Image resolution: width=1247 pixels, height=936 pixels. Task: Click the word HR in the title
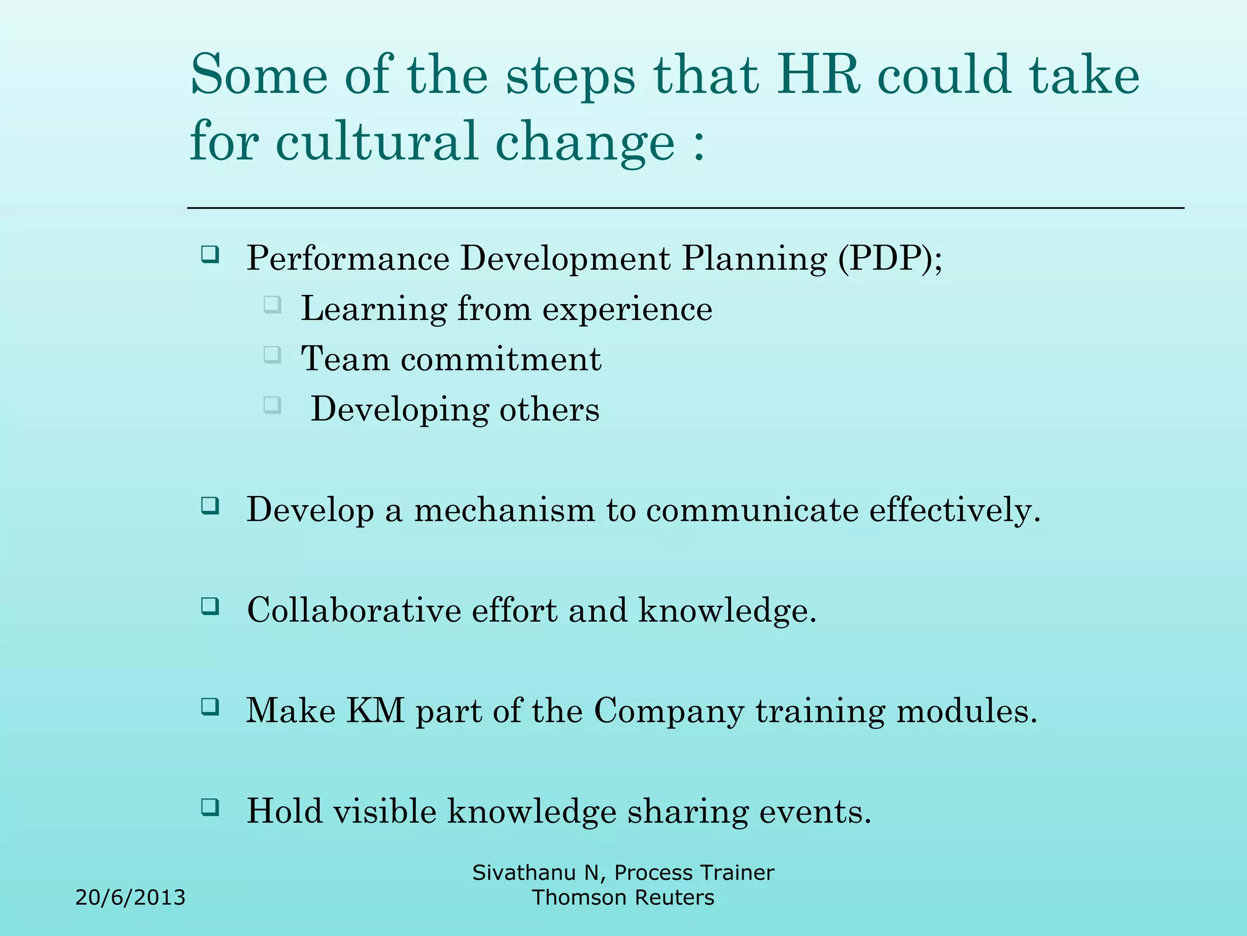(x=818, y=76)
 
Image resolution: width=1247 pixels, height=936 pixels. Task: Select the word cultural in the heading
(x=377, y=141)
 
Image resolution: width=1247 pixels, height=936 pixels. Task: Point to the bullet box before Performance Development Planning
(x=210, y=254)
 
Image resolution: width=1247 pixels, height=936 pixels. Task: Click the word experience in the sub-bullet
(x=627, y=309)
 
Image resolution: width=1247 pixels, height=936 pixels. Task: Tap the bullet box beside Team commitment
(x=272, y=355)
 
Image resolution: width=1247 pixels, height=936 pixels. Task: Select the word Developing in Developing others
(x=399, y=410)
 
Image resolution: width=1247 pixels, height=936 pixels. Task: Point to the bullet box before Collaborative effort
(x=210, y=606)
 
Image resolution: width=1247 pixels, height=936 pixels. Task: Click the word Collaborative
(x=354, y=610)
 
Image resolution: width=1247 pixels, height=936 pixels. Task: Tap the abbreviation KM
(x=375, y=711)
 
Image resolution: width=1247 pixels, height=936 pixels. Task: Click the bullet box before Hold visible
(x=210, y=807)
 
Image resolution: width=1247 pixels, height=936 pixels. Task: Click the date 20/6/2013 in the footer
(x=130, y=898)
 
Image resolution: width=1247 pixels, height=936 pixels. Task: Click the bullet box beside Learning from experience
(x=272, y=304)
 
